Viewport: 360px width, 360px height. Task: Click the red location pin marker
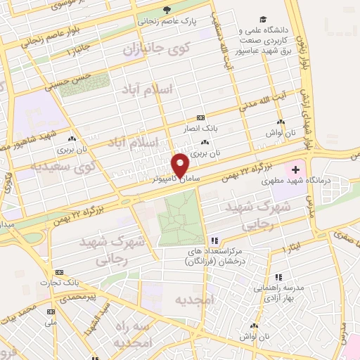181,165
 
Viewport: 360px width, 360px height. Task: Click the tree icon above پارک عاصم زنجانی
167,10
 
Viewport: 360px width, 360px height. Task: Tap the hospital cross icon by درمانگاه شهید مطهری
295,169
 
